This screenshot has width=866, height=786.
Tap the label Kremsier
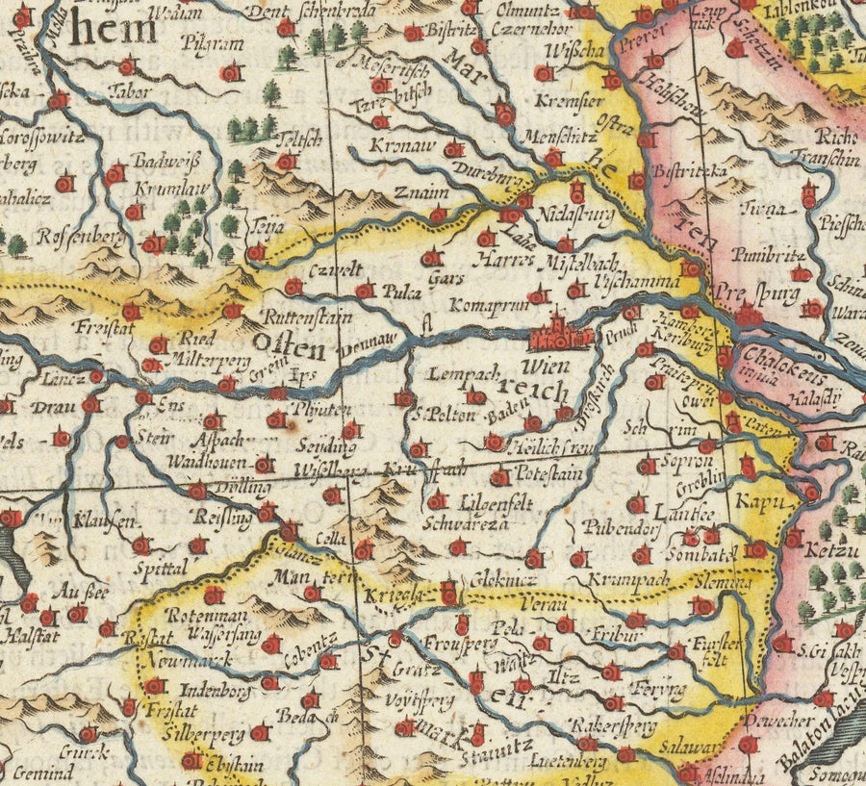pos(578,100)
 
